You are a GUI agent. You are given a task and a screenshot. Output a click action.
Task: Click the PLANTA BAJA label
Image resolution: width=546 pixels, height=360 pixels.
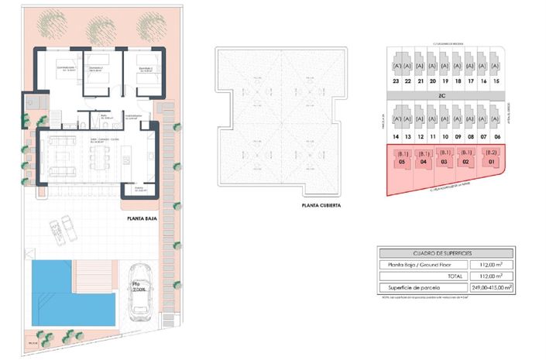pos(144,219)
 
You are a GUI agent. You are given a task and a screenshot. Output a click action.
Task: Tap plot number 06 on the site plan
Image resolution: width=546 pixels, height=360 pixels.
pos(496,136)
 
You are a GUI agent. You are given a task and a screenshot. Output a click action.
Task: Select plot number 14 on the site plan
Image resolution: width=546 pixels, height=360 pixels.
pos(396,136)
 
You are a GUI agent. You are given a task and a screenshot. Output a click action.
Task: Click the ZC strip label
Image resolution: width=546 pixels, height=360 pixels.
pos(442,96)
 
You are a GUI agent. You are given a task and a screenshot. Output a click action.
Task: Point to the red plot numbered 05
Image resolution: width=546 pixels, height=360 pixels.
pos(401,162)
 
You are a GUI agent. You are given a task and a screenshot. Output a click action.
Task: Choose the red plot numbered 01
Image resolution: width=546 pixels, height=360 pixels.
pos(489,162)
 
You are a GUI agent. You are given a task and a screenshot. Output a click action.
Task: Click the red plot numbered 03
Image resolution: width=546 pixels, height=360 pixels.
pos(445,162)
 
